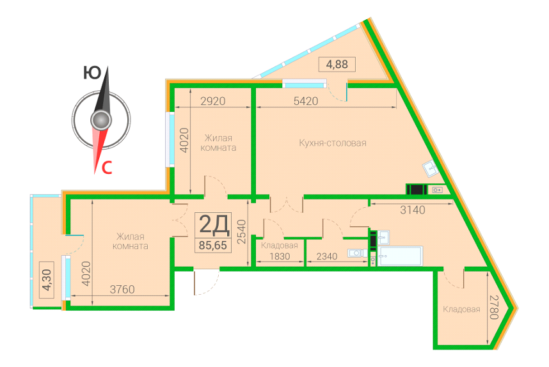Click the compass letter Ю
[x=91, y=73]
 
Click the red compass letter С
[x=106, y=168]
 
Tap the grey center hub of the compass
[x=101, y=120]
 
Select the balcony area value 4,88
[x=337, y=65]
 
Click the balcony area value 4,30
[x=47, y=280]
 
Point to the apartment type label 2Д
[x=214, y=224]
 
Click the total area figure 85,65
[x=213, y=246]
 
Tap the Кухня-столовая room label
[x=333, y=143]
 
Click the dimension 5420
[x=306, y=101]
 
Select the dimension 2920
[x=213, y=101]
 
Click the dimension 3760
[x=122, y=290]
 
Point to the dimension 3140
[x=413, y=210]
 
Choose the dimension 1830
[x=280, y=256]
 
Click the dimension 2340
[x=327, y=256]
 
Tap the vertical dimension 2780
[x=494, y=307]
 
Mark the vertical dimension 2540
[x=241, y=231]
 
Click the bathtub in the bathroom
[x=400, y=256]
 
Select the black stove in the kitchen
[x=417, y=189]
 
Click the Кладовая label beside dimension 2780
[x=461, y=309]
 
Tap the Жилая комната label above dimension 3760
[x=131, y=242]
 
